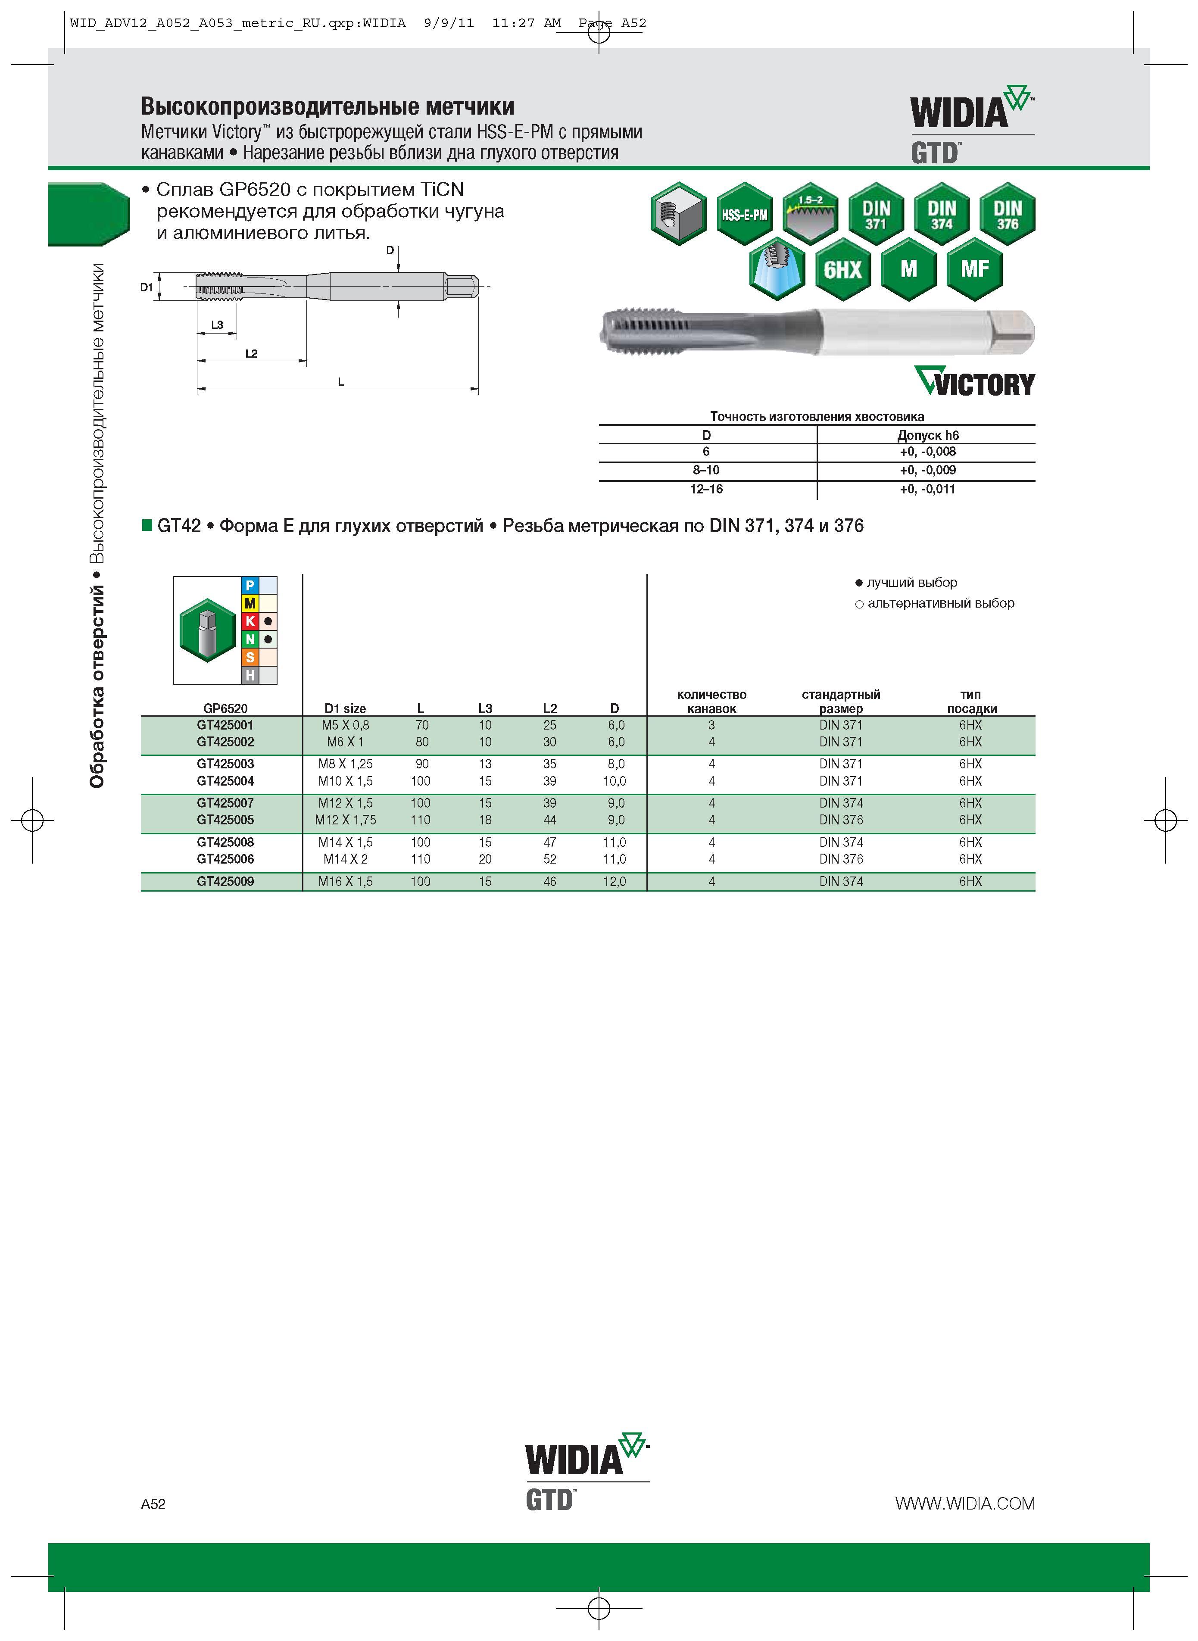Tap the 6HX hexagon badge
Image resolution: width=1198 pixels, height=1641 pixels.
coord(842,269)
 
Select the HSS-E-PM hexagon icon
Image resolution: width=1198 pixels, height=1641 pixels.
coord(744,214)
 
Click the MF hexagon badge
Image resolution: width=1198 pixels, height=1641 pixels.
coord(975,269)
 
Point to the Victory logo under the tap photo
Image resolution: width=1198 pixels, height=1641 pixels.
coord(974,381)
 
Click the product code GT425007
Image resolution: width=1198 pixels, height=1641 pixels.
coord(225,803)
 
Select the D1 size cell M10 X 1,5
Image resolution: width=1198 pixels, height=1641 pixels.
coord(345,781)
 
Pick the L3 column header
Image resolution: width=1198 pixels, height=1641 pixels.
coord(485,708)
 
